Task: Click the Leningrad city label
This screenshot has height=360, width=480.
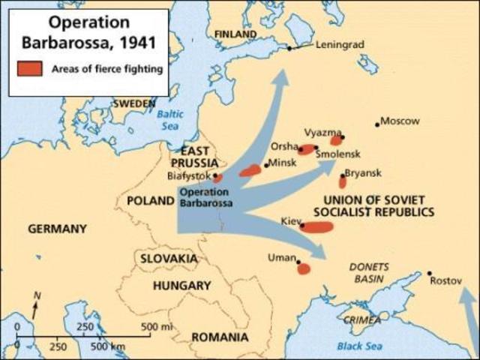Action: click(x=339, y=44)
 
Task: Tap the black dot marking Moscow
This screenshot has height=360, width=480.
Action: click(x=377, y=124)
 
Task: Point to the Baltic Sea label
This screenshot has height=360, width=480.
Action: click(x=169, y=120)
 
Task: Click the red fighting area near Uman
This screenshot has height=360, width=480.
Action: click(x=303, y=268)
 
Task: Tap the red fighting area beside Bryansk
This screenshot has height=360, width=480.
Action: click(x=343, y=181)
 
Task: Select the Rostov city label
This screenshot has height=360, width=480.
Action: click(x=445, y=282)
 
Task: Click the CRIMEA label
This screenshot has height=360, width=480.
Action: click(x=356, y=319)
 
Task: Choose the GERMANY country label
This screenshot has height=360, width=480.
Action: click(x=57, y=229)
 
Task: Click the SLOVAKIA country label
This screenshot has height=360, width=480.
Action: click(x=168, y=259)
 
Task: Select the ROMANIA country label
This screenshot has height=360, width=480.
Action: click(x=220, y=337)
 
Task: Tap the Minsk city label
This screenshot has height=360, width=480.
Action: click(x=282, y=163)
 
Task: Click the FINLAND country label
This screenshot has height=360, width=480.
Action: click(x=235, y=34)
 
